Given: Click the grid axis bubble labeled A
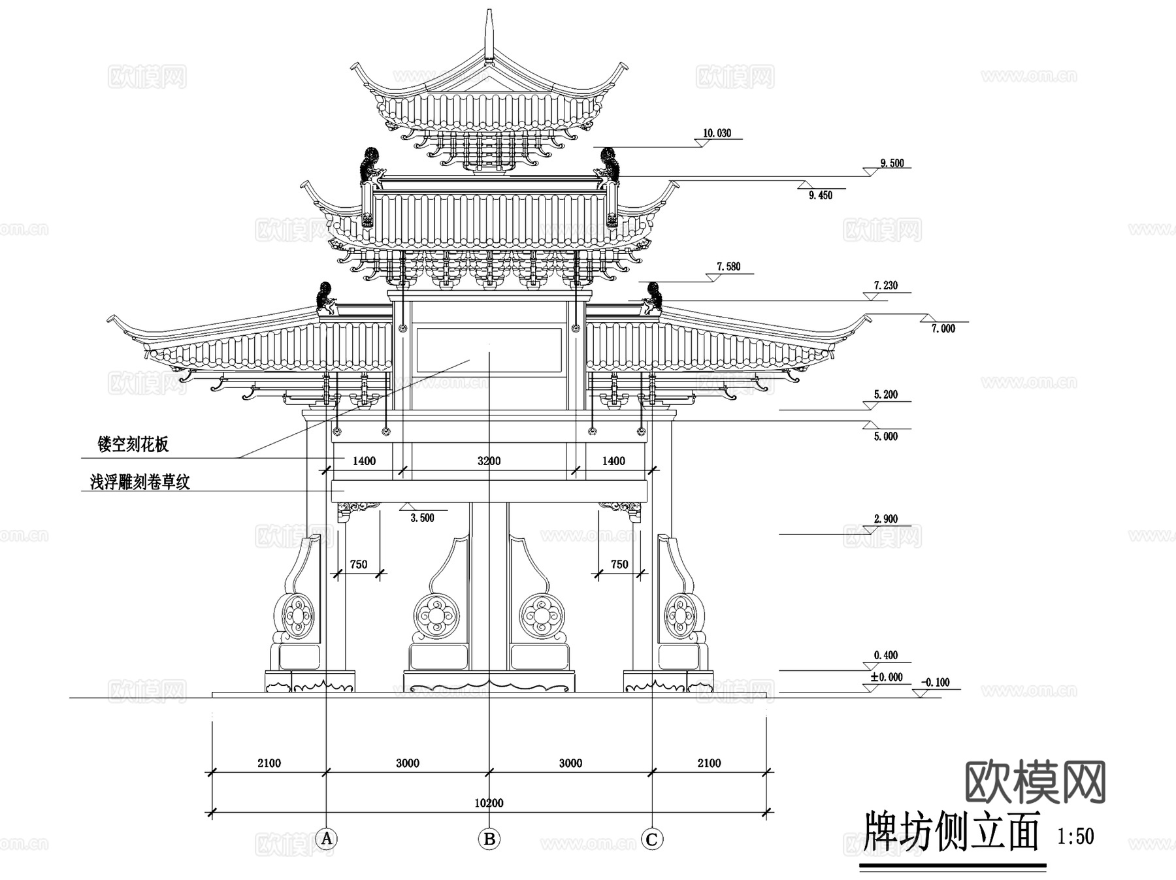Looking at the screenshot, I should (x=326, y=838).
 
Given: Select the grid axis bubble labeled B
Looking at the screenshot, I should (x=489, y=838).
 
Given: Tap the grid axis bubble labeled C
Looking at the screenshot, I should (x=651, y=838).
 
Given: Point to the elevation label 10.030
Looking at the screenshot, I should (x=717, y=133).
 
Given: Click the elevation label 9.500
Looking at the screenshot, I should (x=892, y=163).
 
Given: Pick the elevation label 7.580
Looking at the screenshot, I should (x=728, y=267).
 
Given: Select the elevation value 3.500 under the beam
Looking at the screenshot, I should (x=422, y=518).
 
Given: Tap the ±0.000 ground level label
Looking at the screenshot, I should (x=886, y=677).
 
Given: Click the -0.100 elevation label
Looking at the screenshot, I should (x=936, y=683).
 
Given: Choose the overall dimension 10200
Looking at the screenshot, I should (x=489, y=803).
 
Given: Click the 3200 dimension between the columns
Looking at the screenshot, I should (x=489, y=461).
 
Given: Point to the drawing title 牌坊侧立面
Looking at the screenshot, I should (x=951, y=832).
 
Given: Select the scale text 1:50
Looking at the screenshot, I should (x=1075, y=836).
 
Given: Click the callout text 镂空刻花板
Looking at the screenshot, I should (x=133, y=445).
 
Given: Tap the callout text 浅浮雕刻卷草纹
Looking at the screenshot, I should (x=140, y=483).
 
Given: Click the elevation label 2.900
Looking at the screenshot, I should (x=886, y=519).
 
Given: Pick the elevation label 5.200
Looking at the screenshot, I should (x=886, y=395).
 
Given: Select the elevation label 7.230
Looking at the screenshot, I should (x=886, y=285).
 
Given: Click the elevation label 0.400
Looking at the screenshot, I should (x=886, y=655).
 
